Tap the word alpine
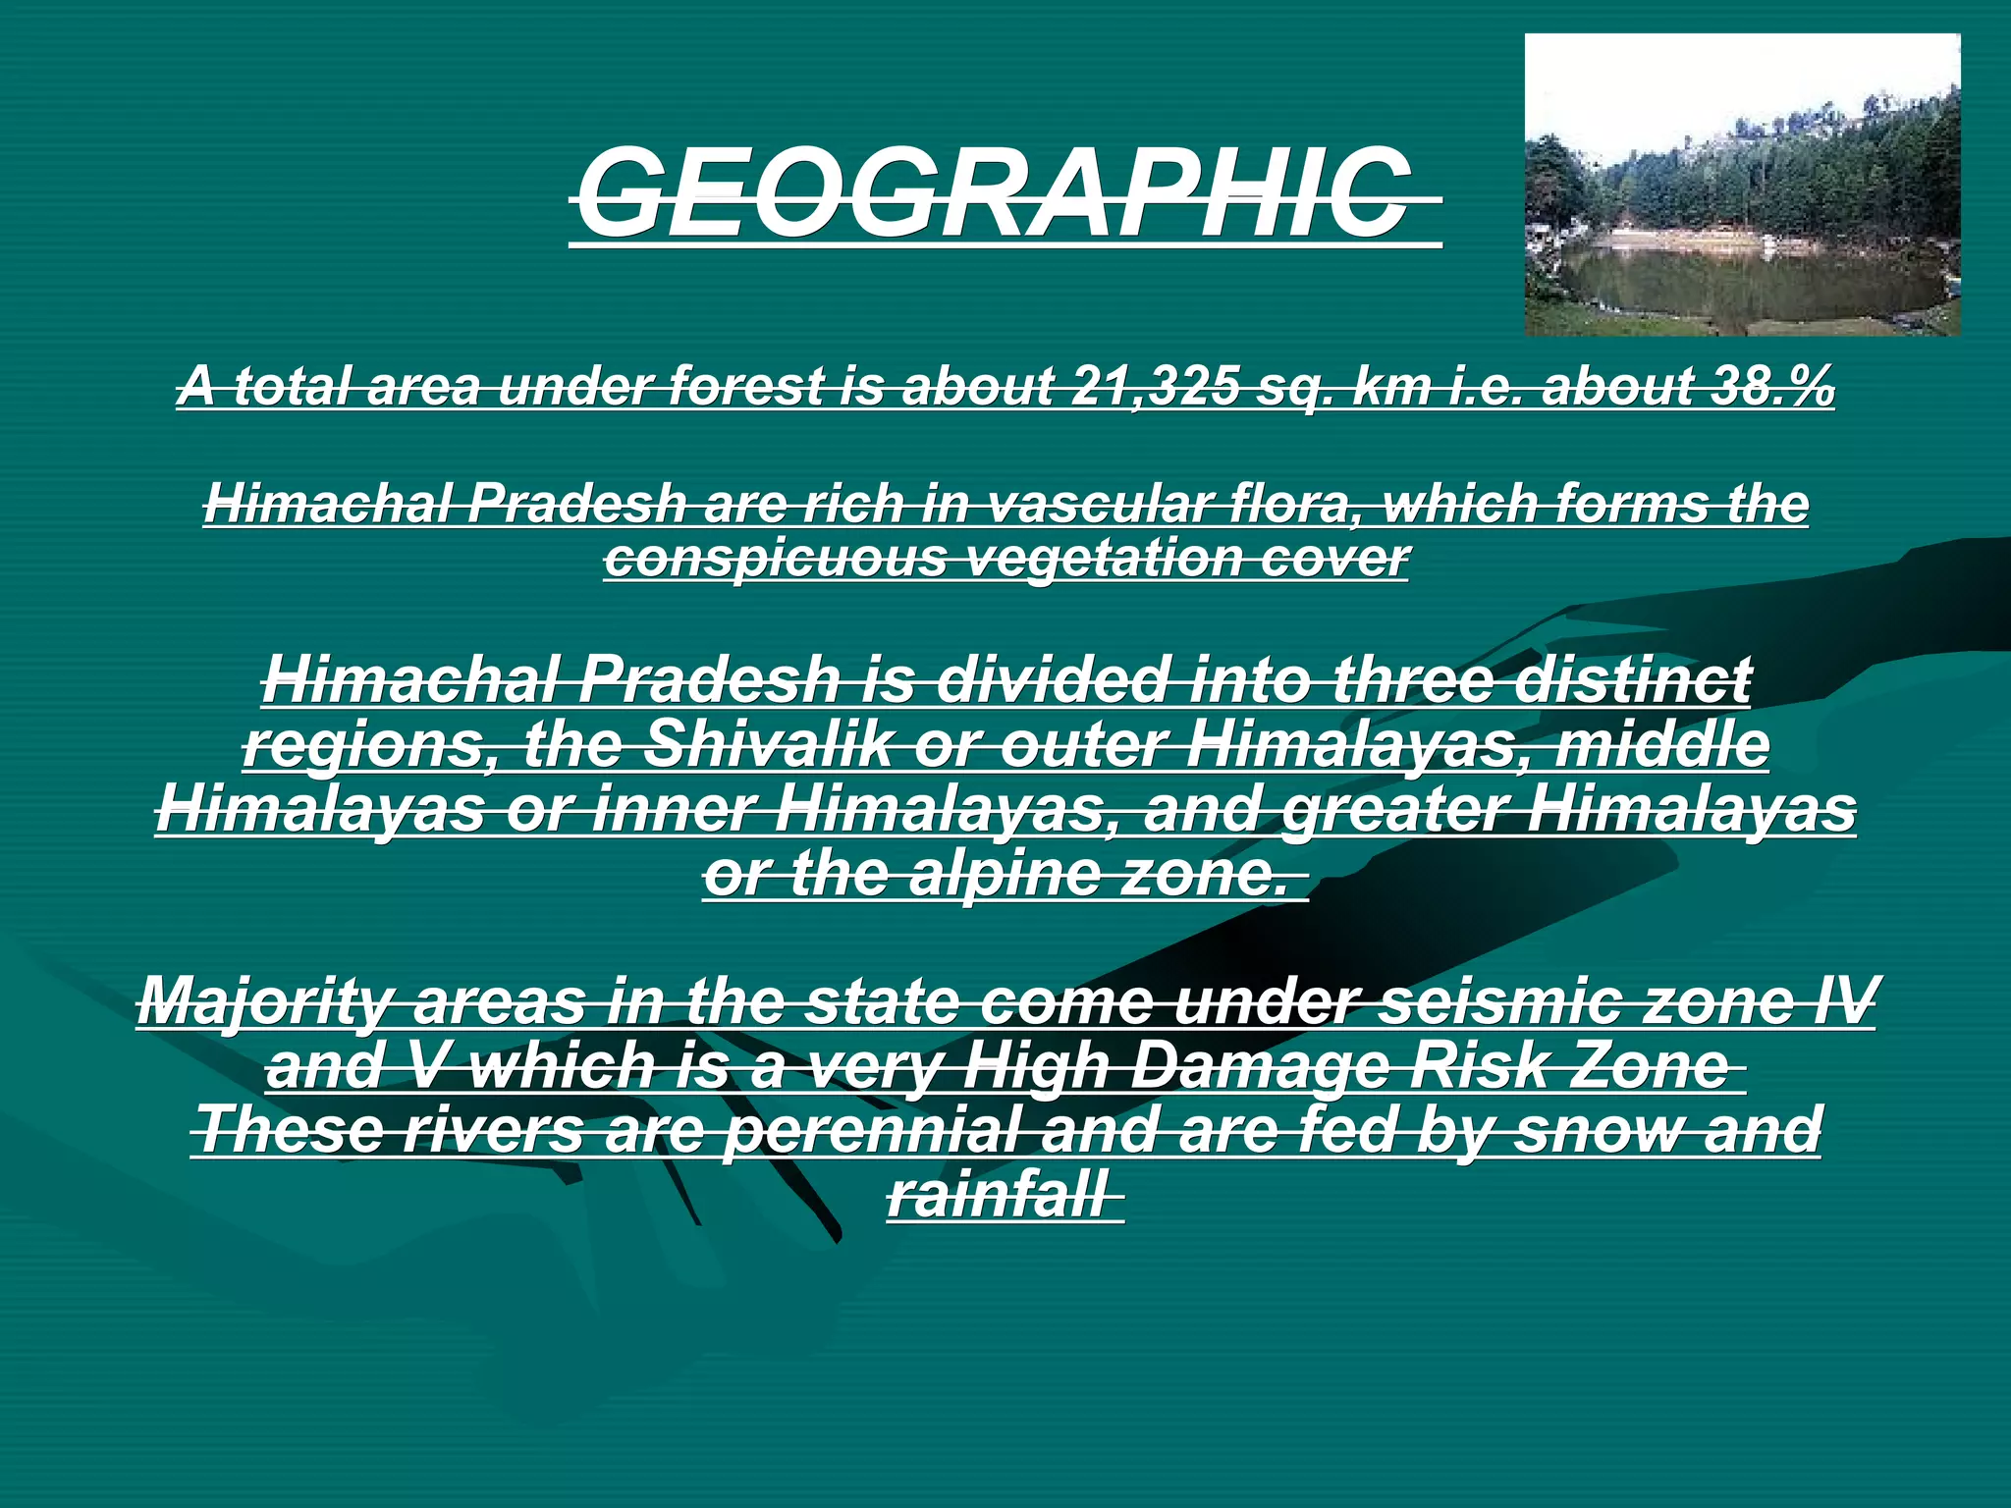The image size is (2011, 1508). pyautogui.click(x=1005, y=874)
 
